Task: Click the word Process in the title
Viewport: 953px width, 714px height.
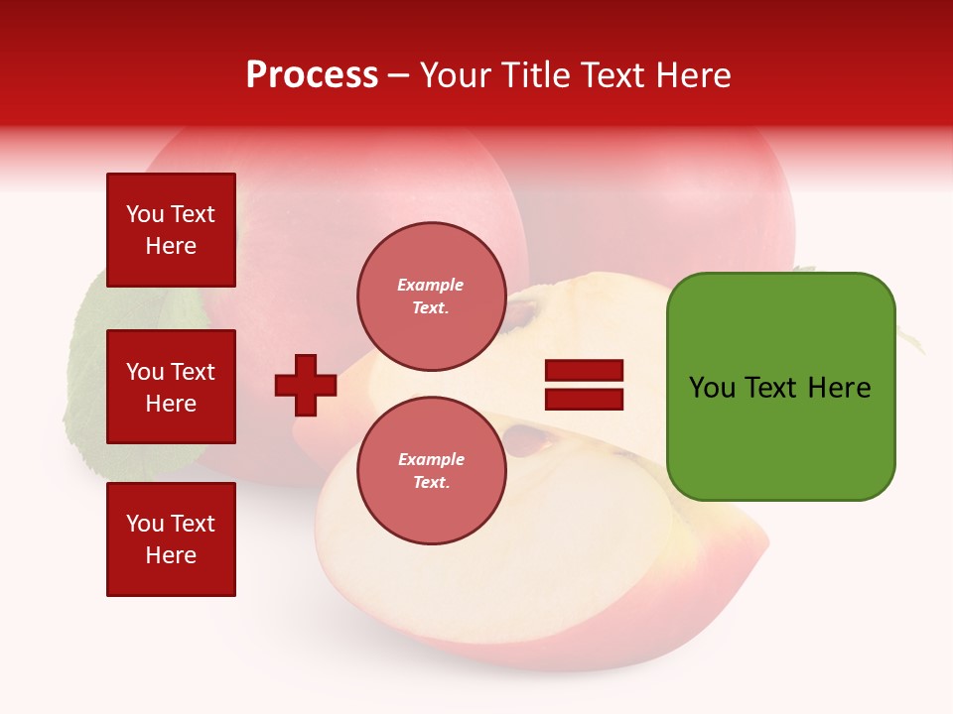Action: pyautogui.click(x=312, y=75)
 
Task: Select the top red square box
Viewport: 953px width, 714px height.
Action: pyautogui.click(x=171, y=230)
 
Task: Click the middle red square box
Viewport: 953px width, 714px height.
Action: pyautogui.click(x=171, y=387)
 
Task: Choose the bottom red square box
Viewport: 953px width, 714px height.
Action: pyautogui.click(x=171, y=539)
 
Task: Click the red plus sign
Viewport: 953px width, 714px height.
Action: pyautogui.click(x=306, y=385)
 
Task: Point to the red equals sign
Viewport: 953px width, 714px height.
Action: pyautogui.click(x=584, y=385)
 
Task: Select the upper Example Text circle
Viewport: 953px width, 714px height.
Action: pyautogui.click(x=431, y=297)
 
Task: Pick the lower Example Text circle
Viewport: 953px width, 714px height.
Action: pyautogui.click(x=431, y=471)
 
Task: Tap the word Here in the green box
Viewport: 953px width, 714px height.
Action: pyautogui.click(x=839, y=388)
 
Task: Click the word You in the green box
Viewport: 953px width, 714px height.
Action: pyautogui.click(x=712, y=388)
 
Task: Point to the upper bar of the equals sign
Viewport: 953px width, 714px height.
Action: pyautogui.click(x=584, y=371)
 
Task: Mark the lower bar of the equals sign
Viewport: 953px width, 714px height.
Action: pyautogui.click(x=584, y=400)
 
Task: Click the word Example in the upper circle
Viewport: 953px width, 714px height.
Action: pyautogui.click(x=431, y=285)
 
